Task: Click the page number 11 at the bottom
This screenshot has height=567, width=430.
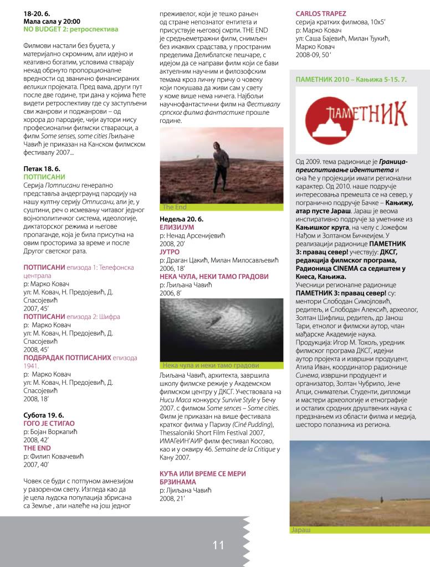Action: [x=218, y=545]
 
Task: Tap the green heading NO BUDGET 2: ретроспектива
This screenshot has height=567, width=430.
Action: [x=71, y=29]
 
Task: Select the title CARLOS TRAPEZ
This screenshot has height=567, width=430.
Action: [x=321, y=13]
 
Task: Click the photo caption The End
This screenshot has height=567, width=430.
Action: [x=175, y=207]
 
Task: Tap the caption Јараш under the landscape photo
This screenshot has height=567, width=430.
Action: [x=300, y=530]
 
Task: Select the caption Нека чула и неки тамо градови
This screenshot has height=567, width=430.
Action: [x=211, y=365]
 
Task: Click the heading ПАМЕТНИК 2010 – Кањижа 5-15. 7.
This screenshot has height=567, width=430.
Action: [x=351, y=80]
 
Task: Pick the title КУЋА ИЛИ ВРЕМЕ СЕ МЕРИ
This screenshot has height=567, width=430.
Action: [x=203, y=474]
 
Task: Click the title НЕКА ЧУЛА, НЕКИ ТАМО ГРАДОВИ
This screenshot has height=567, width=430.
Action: [x=214, y=276]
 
